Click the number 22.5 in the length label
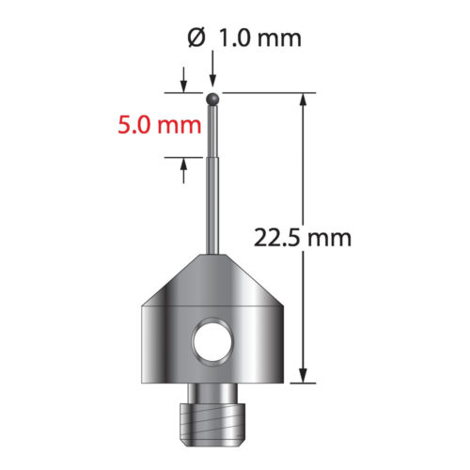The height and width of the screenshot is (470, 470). (x=275, y=238)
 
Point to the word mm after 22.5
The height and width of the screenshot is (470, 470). (x=329, y=238)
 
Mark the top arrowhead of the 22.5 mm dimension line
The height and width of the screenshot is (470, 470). (x=304, y=100)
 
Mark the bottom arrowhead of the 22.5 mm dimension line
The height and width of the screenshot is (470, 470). (x=304, y=376)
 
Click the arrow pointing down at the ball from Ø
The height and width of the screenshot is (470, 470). (x=214, y=81)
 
